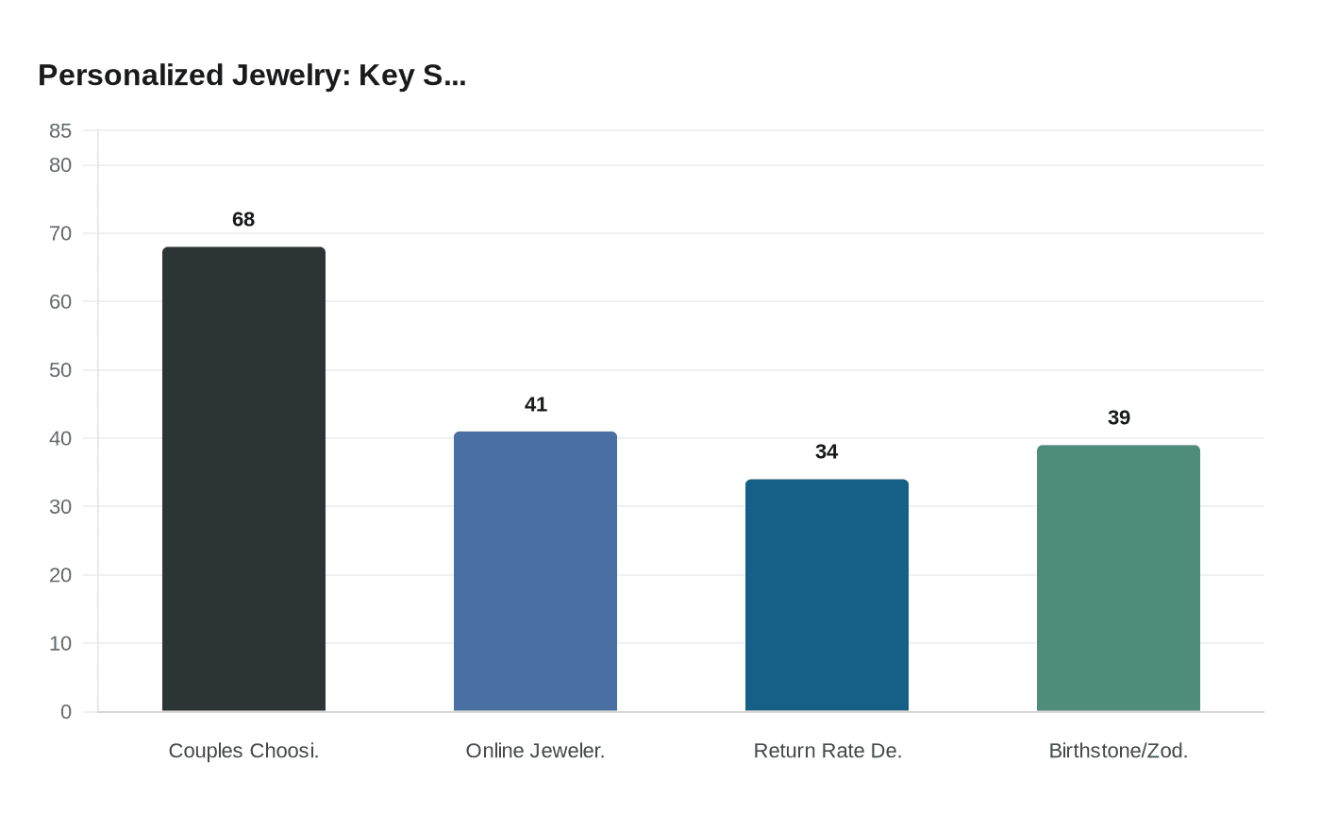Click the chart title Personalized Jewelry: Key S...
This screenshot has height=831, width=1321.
click(252, 76)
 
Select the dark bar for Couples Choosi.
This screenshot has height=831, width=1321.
click(243, 479)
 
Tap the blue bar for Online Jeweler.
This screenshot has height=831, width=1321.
click(535, 571)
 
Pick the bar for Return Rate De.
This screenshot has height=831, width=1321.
click(827, 595)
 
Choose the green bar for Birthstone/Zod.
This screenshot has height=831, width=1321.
click(1118, 578)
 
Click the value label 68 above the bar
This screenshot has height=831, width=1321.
click(243, 219)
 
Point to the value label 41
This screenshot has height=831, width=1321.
click(535, 404)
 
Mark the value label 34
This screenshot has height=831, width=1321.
click(827, 451)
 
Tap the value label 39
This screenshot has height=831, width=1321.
click(1118, 417)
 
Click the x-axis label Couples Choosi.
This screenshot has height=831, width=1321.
click(243, 751)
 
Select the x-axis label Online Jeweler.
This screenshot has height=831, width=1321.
click(535, 751)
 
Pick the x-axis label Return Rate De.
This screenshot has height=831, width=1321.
click(828, 751)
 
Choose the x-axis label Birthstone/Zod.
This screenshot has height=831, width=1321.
click(1118, 751)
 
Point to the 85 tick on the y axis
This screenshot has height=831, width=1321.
click(60, 131)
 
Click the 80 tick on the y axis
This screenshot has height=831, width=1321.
click(60, 165)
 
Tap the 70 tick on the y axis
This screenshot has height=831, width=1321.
click(60, 233)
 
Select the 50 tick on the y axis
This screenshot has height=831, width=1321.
click(60, 370)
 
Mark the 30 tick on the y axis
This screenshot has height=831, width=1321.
click(60, 507)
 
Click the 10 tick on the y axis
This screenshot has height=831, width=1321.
click(60, 643)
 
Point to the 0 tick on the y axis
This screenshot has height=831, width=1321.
click(66, 712)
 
